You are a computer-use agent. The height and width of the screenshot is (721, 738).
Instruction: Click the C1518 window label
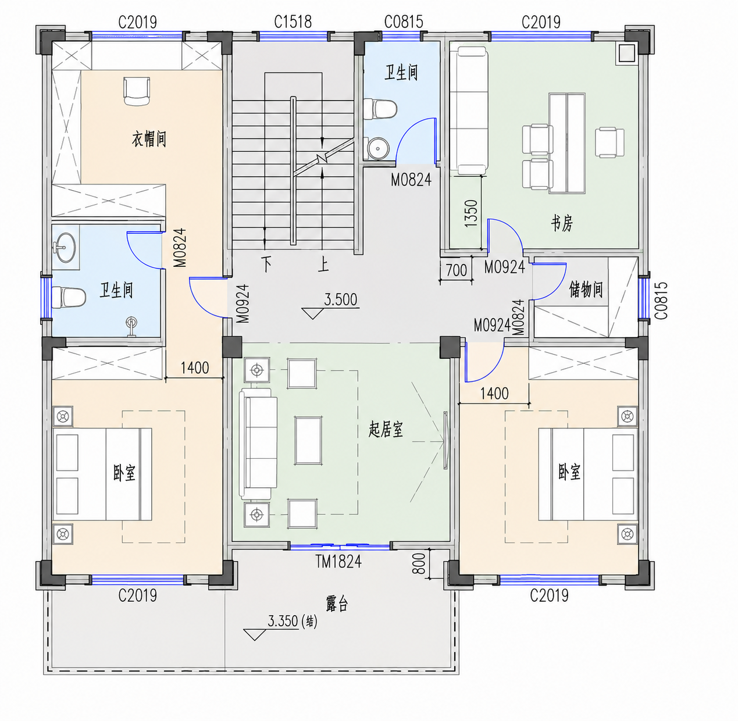tap(293, 22)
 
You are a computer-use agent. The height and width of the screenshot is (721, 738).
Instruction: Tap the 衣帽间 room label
tap(149, 139)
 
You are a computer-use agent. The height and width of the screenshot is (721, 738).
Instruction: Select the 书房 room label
tap(562, 223)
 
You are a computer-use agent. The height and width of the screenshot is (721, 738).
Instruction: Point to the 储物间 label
tap(586, 290)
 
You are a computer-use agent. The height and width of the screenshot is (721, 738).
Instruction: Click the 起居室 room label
tap(386, 430)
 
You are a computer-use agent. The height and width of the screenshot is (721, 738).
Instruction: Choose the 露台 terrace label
tap(337, 604)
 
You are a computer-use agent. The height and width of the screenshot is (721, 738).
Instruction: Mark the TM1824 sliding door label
tap(338, 562)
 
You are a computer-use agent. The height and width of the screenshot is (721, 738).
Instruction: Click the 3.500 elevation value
tap(341, 300)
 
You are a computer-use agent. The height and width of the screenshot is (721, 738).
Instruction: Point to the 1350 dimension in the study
tap(470, 213)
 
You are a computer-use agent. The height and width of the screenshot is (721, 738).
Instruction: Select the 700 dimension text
tap(456, 270)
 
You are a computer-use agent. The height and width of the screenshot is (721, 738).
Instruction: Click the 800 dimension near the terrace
tap(419, 563)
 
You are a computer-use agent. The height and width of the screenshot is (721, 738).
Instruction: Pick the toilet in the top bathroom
tap(380, 109)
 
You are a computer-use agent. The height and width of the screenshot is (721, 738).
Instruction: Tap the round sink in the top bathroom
tap(378, 148)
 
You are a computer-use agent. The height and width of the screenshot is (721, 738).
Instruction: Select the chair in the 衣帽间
tap(137, 91)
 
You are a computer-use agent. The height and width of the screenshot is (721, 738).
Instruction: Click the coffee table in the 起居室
tap(308, 441)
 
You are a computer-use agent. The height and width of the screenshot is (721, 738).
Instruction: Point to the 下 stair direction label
tap(267, 264)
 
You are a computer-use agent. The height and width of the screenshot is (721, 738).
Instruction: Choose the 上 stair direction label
tap(323, 264)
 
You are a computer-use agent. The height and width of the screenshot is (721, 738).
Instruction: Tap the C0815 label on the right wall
tap(661, 300)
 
